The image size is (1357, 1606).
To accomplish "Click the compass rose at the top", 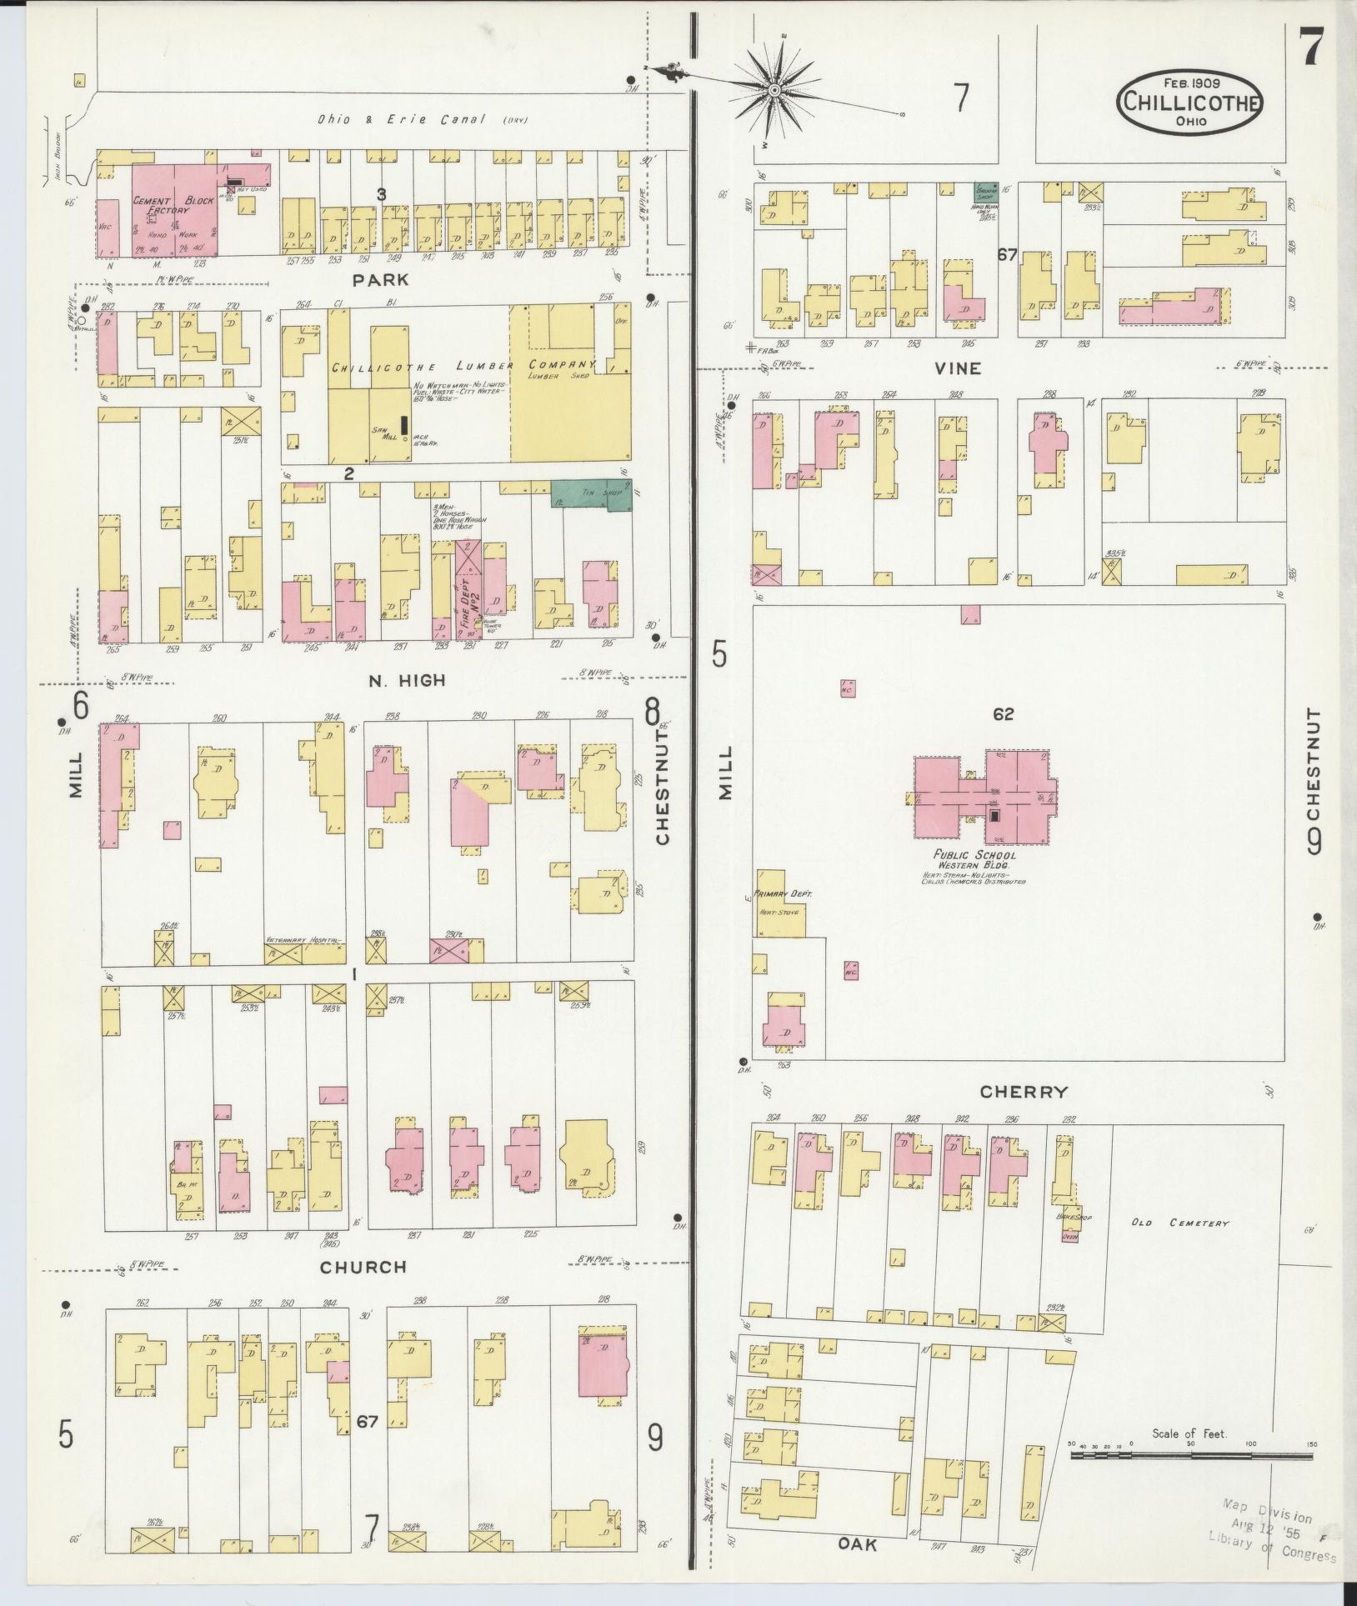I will point(774,89).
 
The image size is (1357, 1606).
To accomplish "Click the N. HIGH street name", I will point(407,681).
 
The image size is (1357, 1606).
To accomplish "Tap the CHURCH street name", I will point(363,1267).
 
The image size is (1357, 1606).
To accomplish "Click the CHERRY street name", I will point(1024,1091).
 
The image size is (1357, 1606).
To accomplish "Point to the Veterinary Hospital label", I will point(303,939).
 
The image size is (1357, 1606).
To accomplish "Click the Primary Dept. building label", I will point(777,893).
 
